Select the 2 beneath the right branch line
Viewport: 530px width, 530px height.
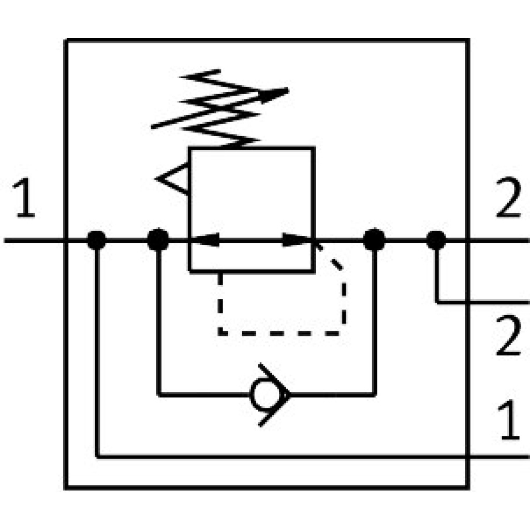(x=508, y=337)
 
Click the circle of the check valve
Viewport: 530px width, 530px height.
(x=261, y=395)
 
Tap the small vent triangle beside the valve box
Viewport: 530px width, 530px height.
(x=173, y=179)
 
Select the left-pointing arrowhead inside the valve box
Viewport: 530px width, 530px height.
(x=205, y=240)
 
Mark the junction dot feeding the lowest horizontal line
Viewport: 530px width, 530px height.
(x=96, y=240)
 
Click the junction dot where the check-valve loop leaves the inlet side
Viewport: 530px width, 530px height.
(x=158, y=240)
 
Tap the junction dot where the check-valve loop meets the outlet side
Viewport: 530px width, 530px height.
(x=374, y=240)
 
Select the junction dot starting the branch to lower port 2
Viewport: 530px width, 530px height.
(x=436, y=240)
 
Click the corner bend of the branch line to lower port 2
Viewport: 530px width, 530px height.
(x=437, y=301)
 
